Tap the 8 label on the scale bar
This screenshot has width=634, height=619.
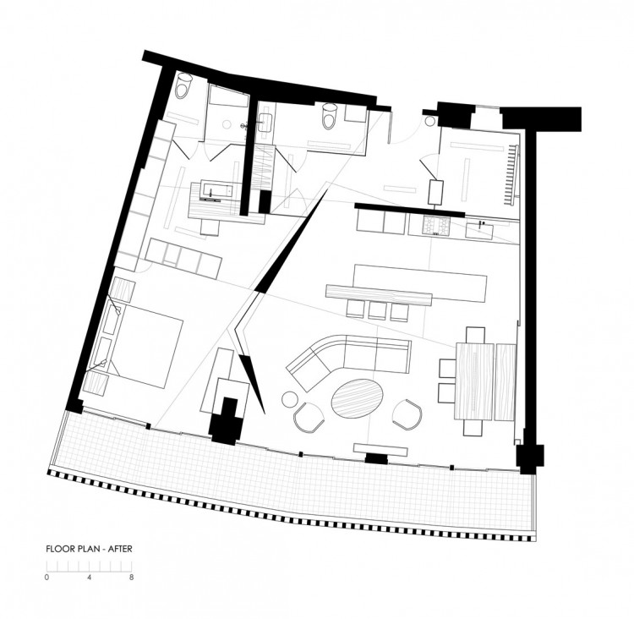pos(131,578)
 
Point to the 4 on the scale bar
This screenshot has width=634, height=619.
pos(89,578)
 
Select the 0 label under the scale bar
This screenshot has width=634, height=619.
pos(46,578)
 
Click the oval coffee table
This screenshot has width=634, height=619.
pos(358,397)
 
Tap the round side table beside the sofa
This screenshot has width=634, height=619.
pos(290,399)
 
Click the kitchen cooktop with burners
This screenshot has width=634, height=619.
pos(436,225)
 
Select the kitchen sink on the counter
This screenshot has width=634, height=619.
pos(479,230)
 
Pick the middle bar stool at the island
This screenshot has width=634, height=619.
pos(377,311)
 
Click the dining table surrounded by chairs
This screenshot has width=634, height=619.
pos(474,381)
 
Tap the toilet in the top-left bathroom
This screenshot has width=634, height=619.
pos(183,85)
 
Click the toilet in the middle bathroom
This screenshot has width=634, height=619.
pos(329,116)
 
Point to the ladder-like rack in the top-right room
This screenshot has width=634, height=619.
pos(511,175)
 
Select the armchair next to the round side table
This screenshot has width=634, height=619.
pos(309,418)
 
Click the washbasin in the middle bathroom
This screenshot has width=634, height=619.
pos(265,123)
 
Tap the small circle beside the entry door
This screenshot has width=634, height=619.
pos(430,121)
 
